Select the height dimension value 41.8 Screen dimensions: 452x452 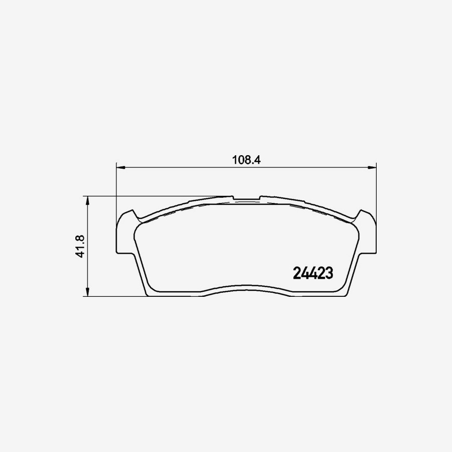79,246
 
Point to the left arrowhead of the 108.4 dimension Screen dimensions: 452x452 120,168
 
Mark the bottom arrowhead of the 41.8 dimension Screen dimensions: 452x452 88,293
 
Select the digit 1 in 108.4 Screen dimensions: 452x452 234,160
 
